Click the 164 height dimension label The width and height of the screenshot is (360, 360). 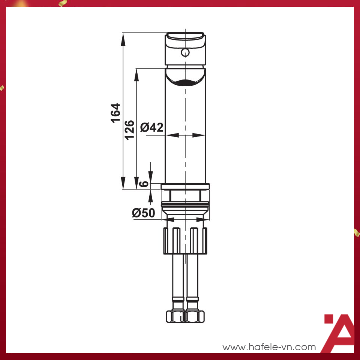coord(116,112)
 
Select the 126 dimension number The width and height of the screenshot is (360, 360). coord(130,129)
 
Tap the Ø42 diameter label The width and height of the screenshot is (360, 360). coord(152,127)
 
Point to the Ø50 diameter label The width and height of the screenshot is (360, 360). coord(143,213)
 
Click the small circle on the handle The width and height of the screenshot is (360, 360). coord(184,52)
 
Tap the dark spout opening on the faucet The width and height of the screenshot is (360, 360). coord(185,83)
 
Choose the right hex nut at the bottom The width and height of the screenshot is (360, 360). coord(195,316)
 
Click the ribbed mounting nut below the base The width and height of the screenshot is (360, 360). coord(185,240)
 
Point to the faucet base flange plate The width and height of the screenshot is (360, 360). coord(185,186)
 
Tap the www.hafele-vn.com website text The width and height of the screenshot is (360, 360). coord(269,347)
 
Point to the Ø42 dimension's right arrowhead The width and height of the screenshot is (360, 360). coord(199,135)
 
